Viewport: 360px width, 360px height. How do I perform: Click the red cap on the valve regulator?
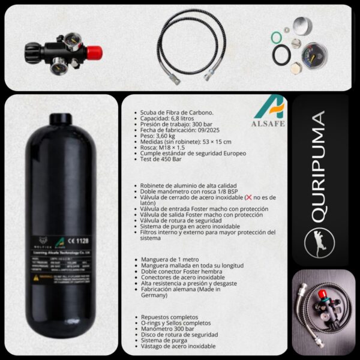pos(94,53)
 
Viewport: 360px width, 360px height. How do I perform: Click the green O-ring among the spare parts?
pos(276,38)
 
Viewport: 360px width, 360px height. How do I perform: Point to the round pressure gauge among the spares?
pos(314,55)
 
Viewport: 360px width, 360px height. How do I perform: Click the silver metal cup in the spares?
pos(302,27)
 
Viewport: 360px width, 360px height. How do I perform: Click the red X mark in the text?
pos(239,197)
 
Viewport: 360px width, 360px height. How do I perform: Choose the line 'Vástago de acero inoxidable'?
pos(178,346)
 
